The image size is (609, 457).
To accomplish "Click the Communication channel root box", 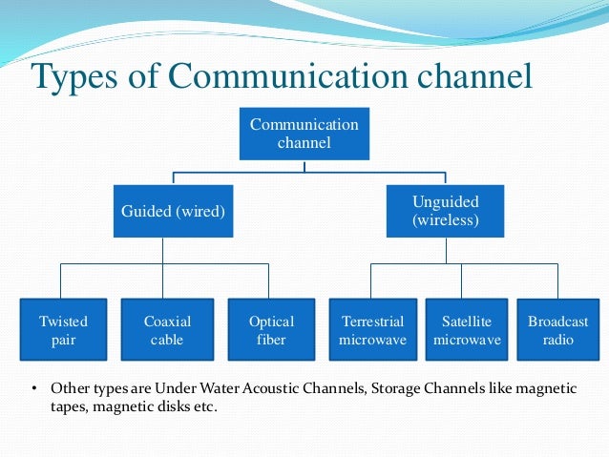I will pos(304,135).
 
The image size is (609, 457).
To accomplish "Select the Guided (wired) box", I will pos(173,211).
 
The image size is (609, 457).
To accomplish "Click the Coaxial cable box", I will pos(167,330).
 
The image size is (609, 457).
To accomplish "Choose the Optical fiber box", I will pos(272,330).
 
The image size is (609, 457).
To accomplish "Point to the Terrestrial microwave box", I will pos(372,330).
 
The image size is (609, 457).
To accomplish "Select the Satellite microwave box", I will pos(467,330).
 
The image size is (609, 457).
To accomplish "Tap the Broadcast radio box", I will pos(557,330).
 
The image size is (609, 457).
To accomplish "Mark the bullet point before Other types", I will pos(33,389).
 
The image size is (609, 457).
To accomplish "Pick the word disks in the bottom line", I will pos(164,407).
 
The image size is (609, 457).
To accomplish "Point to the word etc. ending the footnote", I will pos(202,407).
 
